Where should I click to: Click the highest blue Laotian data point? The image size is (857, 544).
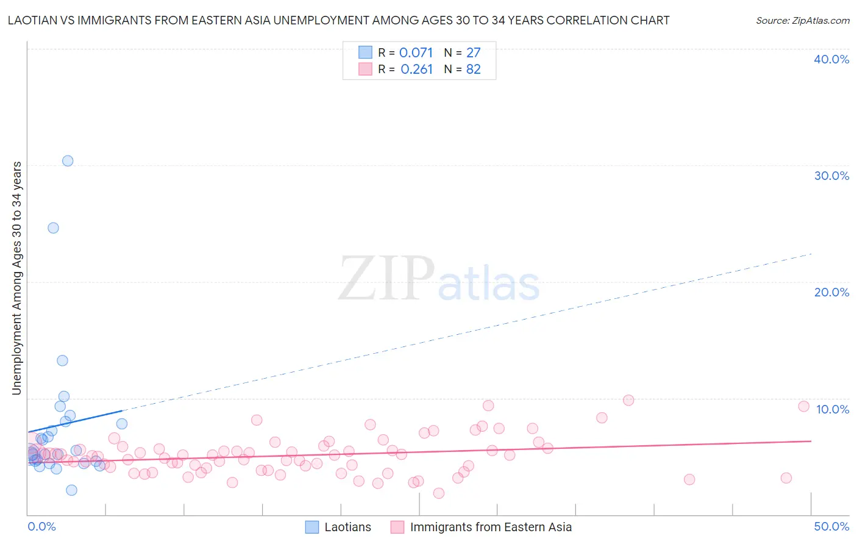click(x=68, y=161)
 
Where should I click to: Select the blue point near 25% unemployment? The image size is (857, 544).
click(x=54, y=228)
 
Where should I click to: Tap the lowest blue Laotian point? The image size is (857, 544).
click(x=71, y=490)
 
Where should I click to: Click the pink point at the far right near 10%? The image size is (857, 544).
click(x=803, y=407)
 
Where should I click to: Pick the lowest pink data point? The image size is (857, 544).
click(x=438, y=493)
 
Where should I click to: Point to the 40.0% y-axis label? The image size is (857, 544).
click(x=831, y=59)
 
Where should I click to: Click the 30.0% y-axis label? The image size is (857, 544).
click(x=831, y=176)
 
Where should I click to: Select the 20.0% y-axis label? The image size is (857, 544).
click(x=831, y=292)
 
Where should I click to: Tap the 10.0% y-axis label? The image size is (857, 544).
click(x=831, y=409)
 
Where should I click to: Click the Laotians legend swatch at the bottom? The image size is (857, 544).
click(x=312, y=527)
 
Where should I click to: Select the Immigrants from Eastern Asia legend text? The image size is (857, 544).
click(x=491, y=527)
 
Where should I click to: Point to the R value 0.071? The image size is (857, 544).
click(x=416, y=53)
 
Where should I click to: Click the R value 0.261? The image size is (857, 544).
click(x=416, y=70)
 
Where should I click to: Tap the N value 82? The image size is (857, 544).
click(x=474, y=70)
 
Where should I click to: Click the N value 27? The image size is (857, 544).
click(x=474, y=53)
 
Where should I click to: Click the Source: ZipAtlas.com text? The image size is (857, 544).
click(x=802, y=21)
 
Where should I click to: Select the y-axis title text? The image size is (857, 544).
click(x=17, y=278)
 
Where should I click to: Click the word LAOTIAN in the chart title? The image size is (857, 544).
click(x=33, y=21)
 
